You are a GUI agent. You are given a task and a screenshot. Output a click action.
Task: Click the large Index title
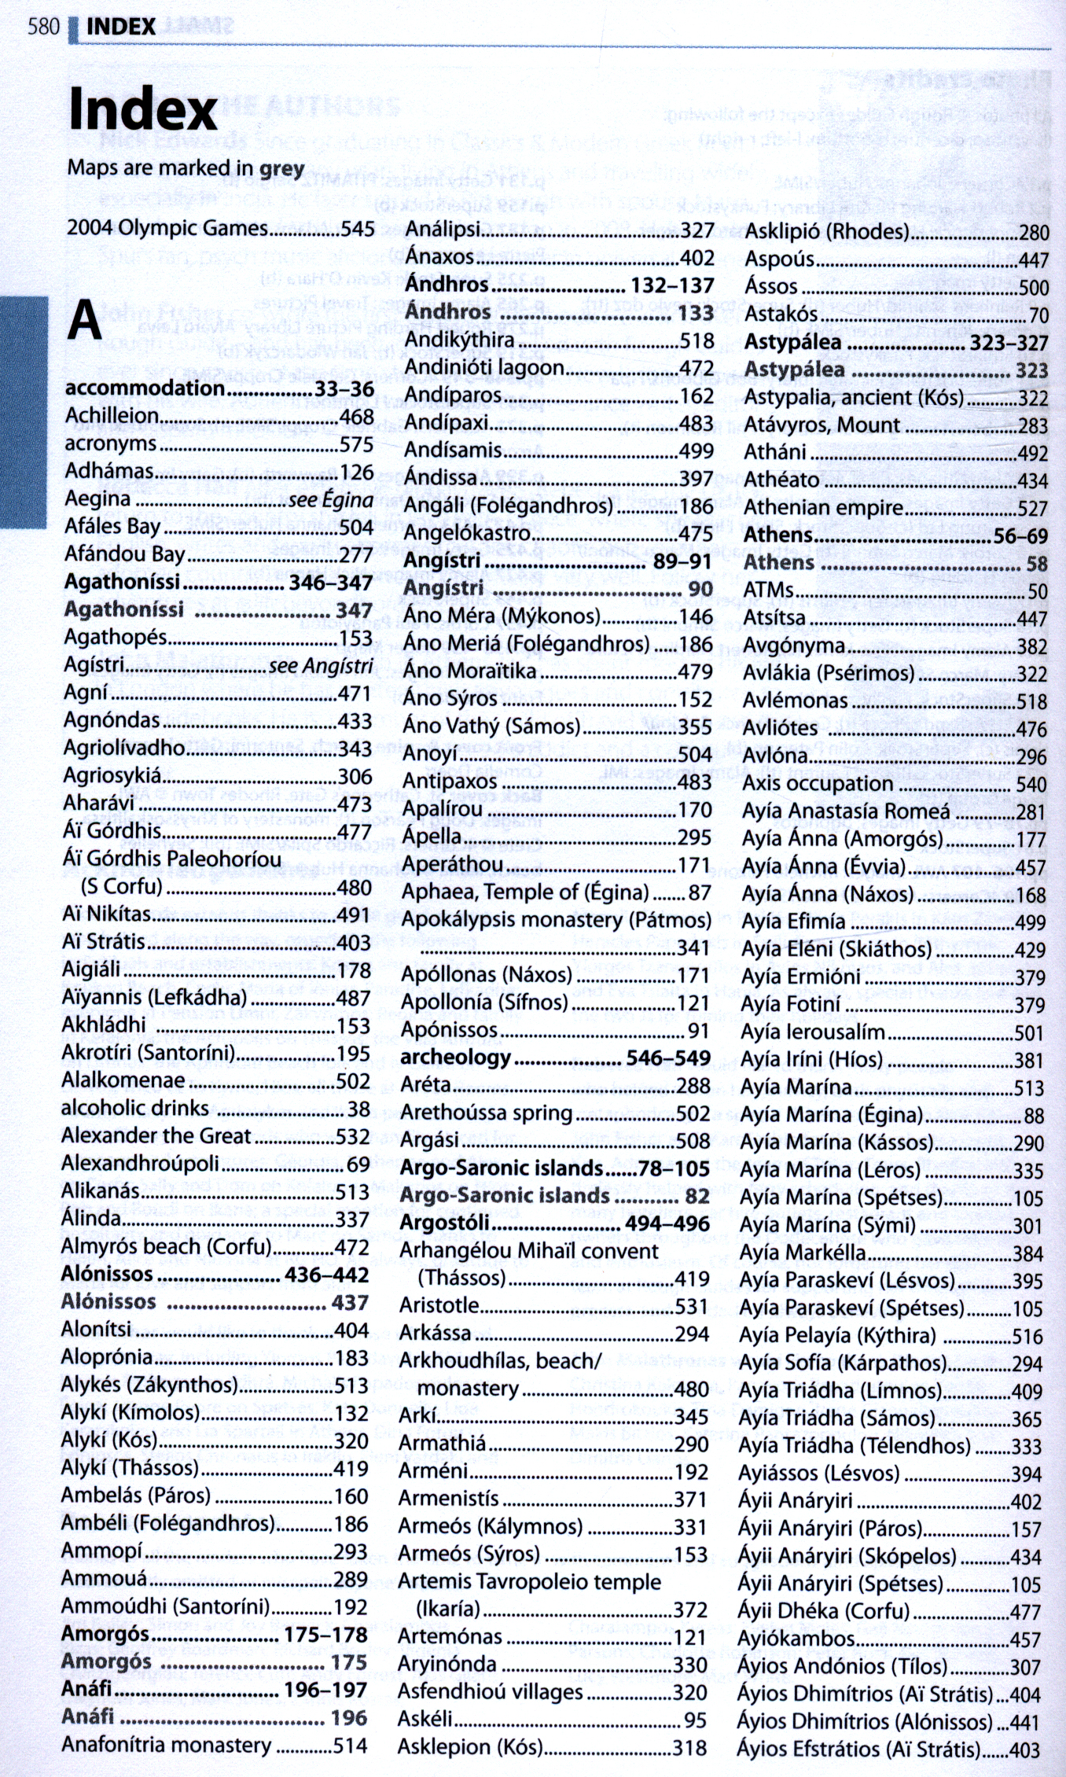[x=142, y=110]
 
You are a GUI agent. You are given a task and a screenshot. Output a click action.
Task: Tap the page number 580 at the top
[x=43, y=27]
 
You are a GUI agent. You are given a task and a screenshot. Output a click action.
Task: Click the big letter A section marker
[x=85, y=319]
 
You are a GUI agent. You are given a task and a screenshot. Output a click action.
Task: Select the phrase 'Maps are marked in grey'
[x=186, y=168]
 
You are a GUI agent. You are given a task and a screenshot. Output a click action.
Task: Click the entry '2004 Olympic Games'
[x=167, y=229]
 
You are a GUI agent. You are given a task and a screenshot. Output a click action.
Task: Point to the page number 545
[x=358, y=229]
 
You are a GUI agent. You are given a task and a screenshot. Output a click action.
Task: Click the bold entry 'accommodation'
[x=145, y=388]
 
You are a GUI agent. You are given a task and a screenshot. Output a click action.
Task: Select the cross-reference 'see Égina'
[x=331, y=500]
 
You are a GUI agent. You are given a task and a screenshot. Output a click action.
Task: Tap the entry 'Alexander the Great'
[x=156, y=1136]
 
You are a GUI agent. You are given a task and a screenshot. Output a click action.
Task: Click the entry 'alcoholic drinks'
[x=135, y=1109]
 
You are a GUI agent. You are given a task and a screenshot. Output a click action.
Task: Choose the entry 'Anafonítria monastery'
[x=166, y=1746]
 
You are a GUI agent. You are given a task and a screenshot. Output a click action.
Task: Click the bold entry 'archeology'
[x=455, y=1058]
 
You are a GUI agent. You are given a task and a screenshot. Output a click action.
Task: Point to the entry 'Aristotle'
[x=439, y=1305]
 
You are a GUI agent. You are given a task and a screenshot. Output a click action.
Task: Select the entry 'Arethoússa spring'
[x=486, y=1113]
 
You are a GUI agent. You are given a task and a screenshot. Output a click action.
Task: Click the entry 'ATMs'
[x=769, y=590]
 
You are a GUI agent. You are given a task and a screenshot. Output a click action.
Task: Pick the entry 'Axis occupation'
[x=818, y=783]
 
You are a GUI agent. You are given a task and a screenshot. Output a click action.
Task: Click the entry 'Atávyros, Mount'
[x=822, y=425]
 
